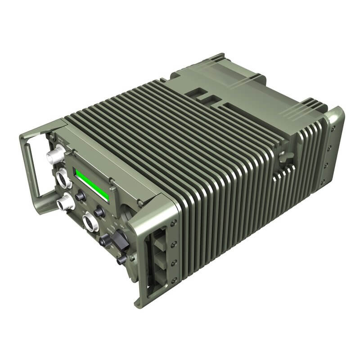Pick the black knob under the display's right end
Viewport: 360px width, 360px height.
click(100, 211)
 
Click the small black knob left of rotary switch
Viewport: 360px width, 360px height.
click(105, 242)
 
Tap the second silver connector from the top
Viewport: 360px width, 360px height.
click(63, 179)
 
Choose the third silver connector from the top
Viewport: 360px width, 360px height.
click(67, 202)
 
